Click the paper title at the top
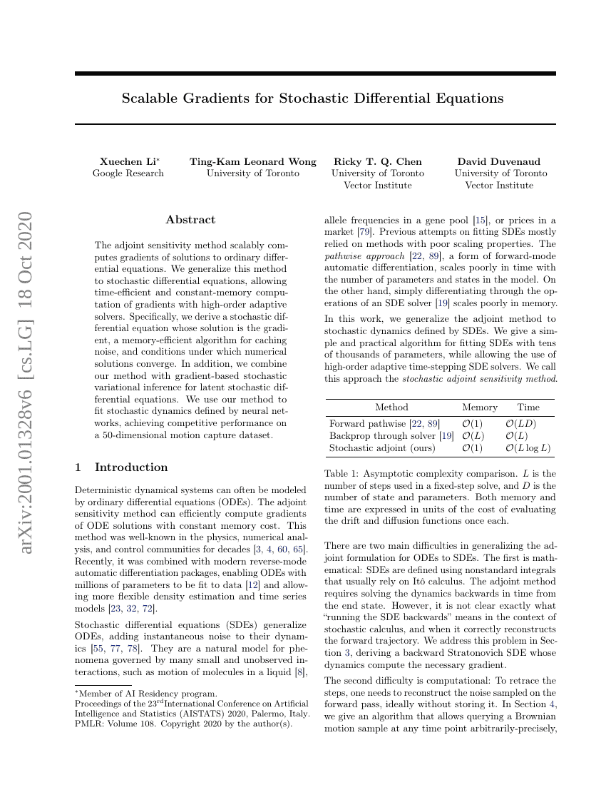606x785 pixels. click(312, 98)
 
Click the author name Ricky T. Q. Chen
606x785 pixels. click(377, 161)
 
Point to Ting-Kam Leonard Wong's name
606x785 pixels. click(252, 161)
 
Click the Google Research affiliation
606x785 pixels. click(128, 173)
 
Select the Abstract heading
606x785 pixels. click(190, 220)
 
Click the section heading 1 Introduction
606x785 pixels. click(121, 467)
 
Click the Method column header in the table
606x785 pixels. click(391, 407)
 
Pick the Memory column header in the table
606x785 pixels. click(479, 407)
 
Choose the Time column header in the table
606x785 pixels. click(528, 407)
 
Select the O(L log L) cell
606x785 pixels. click(528, 448)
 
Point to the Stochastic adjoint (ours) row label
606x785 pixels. click(381, 448)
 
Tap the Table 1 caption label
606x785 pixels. click(344, 473)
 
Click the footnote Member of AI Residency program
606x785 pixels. click(135, 693)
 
